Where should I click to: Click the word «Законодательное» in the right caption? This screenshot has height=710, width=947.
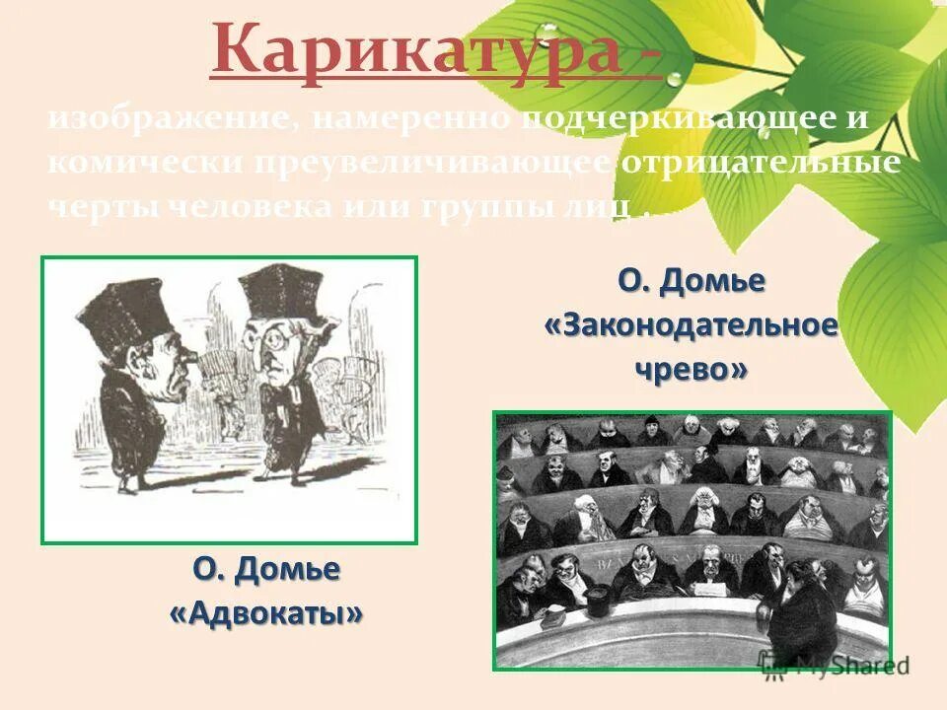(x=692, y=324)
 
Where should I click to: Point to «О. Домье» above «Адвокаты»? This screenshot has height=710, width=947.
(x=266, y=569)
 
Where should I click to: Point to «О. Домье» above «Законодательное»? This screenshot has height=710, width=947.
(x=692, y=281)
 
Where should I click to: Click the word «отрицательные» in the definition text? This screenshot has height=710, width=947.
(x=760, y=164)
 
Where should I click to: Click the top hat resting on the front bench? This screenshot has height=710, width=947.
(x=598, y=597)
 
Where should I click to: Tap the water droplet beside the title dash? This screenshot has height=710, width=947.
(x=675, y=78)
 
